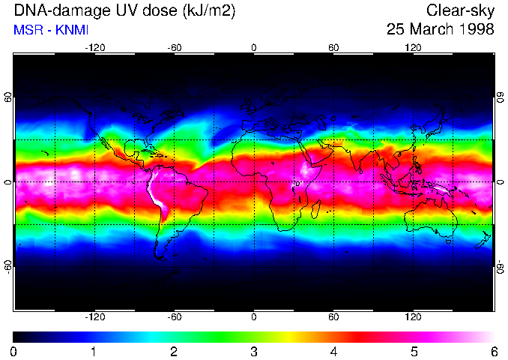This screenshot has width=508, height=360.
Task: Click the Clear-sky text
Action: (460, 11)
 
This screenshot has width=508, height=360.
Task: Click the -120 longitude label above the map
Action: (94, 47)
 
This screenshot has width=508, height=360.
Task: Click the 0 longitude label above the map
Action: (254, 47)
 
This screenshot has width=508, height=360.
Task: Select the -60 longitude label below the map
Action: (174, 316)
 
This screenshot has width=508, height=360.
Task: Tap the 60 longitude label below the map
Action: (333, 316)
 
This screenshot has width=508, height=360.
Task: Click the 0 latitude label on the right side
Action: (500, 182)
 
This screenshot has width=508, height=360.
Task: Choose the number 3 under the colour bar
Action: (253, 351)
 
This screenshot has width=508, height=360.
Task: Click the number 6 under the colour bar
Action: (493, 351)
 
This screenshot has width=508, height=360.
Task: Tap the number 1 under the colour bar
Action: (94, 351)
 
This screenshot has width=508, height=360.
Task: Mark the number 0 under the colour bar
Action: (13, 351)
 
